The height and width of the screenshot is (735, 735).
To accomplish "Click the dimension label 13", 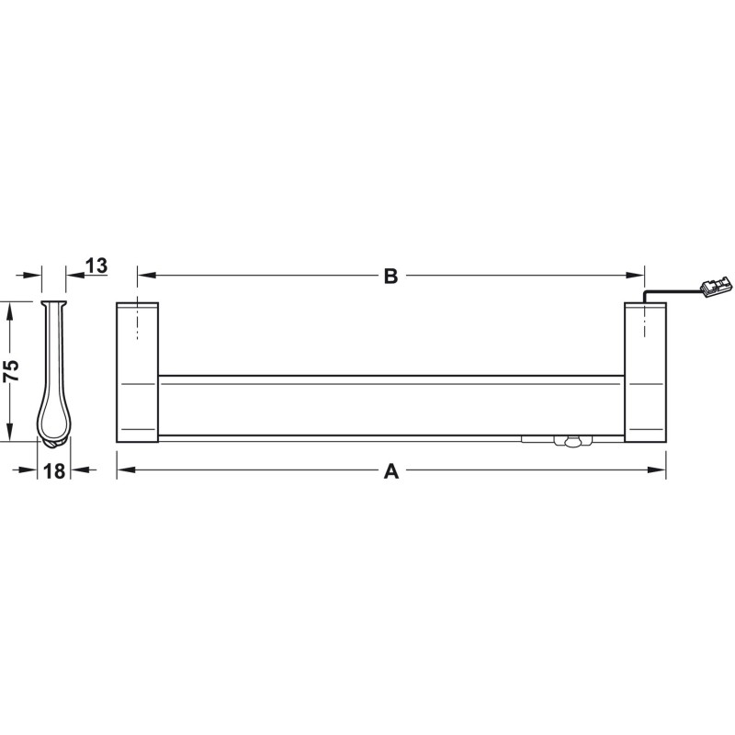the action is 97,266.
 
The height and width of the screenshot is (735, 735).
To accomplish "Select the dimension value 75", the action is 11,370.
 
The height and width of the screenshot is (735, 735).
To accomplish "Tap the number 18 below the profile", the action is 54,471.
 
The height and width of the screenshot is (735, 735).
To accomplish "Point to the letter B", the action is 390,277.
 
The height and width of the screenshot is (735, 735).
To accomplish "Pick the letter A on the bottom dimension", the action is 391,471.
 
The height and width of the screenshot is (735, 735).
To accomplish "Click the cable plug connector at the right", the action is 715,287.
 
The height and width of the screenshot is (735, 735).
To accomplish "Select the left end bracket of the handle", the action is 137,373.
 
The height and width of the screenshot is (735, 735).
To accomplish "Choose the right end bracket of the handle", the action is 645,373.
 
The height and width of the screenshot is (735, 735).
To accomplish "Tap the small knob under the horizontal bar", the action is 572,442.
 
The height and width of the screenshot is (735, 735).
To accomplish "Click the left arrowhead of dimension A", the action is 126,469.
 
